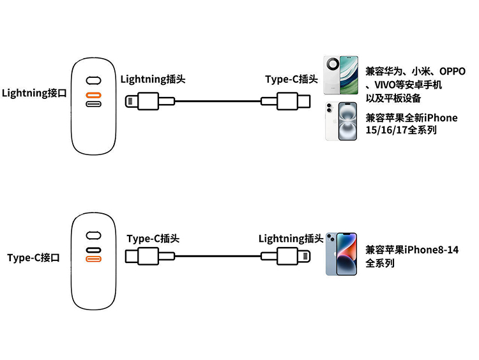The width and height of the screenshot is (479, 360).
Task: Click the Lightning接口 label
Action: click(34, 94)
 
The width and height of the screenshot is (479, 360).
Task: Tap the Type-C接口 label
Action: click(34, 258)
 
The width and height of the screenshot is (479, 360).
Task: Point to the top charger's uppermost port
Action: click(94, 81)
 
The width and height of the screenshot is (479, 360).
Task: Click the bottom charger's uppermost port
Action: click(94, 234)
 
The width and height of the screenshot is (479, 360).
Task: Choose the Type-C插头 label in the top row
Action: click(292, 79)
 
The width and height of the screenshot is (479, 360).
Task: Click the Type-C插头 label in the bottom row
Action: click(153, 239)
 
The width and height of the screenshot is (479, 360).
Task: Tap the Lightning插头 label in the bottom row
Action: click(291, 239)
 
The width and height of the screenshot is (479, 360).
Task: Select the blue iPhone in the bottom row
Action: click(340, 253)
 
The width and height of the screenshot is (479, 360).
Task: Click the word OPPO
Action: click(452, 71)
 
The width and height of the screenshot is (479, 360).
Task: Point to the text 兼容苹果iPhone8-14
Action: click(412, 250)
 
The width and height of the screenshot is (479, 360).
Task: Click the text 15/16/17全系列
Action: click(401, 130)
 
